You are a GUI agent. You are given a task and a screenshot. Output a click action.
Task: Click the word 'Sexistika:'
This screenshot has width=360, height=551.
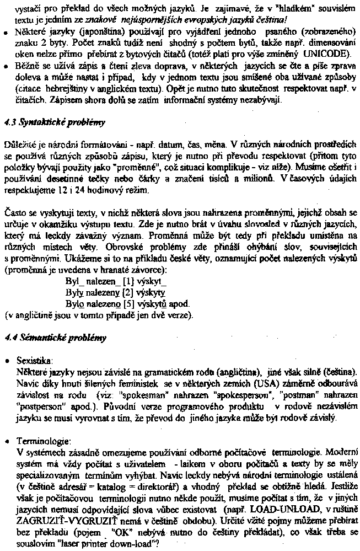(35, 360)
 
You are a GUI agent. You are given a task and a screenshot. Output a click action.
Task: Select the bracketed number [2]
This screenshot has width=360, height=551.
(128, 293)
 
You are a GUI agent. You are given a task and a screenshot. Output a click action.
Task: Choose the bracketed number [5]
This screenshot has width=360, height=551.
(128, 303)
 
